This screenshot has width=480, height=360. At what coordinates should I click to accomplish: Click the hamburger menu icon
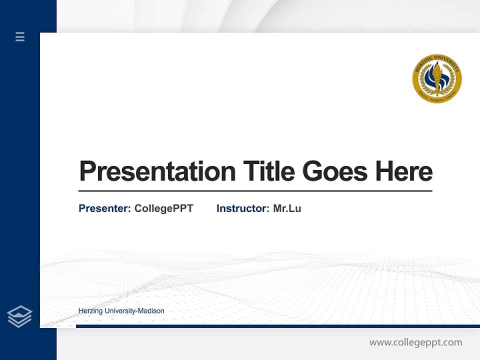click(20, 36)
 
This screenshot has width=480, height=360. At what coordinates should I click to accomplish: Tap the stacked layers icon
click(19, 316)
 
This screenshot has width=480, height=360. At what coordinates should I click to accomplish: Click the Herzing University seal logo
click(437, 78)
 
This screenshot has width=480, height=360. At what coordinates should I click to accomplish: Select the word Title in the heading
click(268, 171)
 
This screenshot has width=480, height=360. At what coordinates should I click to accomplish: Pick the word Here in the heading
click(404, 171)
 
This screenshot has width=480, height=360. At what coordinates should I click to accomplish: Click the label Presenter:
click(104, 208)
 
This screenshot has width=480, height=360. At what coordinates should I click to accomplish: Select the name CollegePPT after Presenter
click(163, 208)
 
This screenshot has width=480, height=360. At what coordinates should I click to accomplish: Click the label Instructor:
click(242, 208)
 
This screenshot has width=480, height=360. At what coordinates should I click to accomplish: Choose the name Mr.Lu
click(287, 208)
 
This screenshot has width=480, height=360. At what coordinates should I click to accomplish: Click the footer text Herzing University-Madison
click(121, 311)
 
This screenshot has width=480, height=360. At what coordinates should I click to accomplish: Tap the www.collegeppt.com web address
click(415, 342)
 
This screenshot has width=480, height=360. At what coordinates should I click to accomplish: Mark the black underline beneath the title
click(255, 191)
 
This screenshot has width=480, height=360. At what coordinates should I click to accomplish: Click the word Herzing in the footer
click(89, 311)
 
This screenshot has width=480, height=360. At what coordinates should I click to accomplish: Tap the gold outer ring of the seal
click(437, 57)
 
